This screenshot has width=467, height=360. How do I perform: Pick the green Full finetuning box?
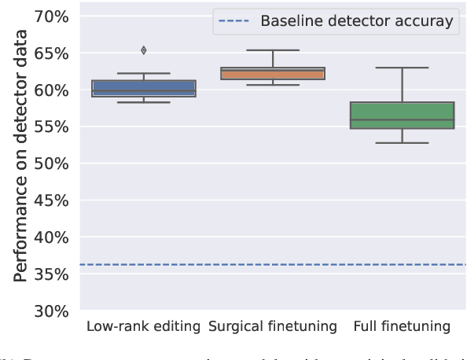click(402, 115)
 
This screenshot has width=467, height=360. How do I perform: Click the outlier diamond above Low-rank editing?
click(143, 50)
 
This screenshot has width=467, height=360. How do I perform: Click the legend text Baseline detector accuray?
click(357, 21)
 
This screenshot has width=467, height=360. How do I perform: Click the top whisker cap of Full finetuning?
click(402, 68)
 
